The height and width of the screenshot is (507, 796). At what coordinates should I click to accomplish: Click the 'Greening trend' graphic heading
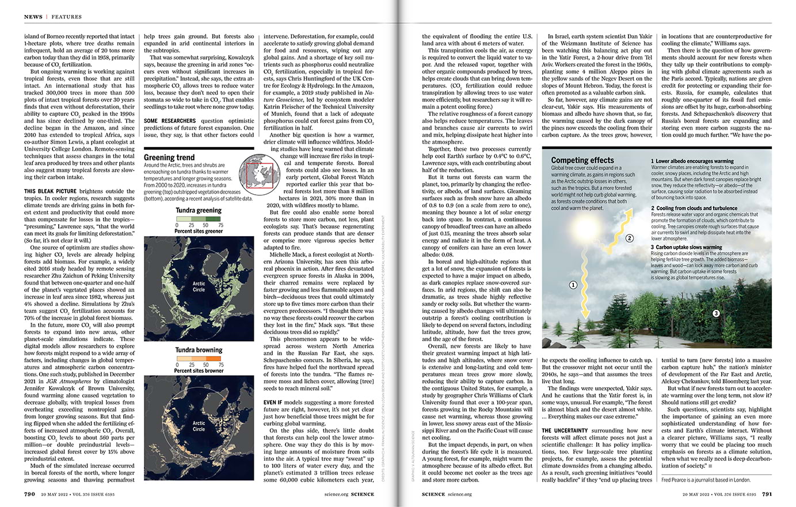tap(169, 157)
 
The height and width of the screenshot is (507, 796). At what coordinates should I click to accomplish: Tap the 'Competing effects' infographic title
tap(582, 160)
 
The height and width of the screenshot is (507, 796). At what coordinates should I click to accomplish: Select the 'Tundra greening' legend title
tap(198, 210)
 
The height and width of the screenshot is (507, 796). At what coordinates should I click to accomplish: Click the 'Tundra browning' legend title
tap(199, 350)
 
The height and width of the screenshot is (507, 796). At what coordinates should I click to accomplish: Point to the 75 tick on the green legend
tap(220, 225)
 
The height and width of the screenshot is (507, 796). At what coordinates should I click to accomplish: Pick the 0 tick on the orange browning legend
tap(177, 365)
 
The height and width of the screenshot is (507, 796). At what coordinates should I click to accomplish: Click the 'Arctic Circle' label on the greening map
tap(199, 286)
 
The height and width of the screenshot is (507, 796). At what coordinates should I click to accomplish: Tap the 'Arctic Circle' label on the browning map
tap(199, 426)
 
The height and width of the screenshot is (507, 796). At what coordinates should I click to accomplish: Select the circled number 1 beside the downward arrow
tap(573, 285)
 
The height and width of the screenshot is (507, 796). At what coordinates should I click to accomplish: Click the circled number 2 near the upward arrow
tap(629, 238)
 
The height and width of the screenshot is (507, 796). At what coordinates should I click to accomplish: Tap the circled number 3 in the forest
tap(716, 313)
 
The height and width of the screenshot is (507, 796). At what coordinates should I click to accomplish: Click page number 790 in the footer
tap(30, 494)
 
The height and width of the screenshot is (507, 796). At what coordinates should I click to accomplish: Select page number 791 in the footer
tap(767, 494)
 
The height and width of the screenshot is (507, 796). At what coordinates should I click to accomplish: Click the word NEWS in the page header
tap(33, 17)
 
